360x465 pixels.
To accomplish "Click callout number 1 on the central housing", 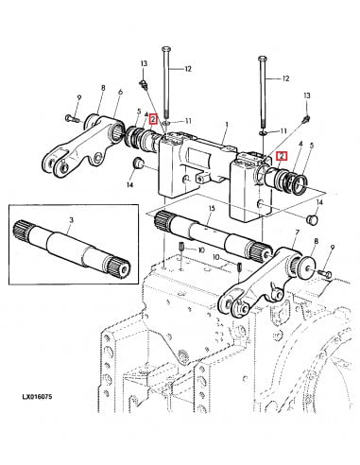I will point(226,124).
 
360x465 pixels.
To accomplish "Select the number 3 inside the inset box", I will point(72,219).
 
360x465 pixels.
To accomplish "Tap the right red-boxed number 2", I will point(280,155).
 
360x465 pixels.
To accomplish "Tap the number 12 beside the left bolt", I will point(188,68).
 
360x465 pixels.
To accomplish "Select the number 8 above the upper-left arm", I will point(102,89).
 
